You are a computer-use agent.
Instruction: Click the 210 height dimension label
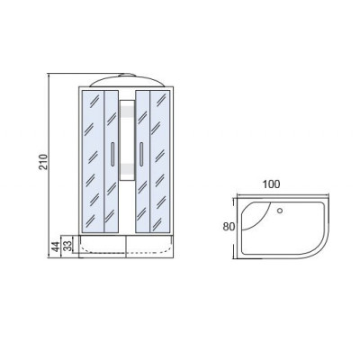pos(44,162)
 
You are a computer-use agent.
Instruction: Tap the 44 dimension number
pos(55,247)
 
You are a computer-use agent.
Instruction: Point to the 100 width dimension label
pos(271,184)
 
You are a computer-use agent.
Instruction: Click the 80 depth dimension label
pos(229,227)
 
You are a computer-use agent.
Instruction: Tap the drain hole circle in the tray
pos(280,211)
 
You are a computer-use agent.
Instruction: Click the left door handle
pos(112,154)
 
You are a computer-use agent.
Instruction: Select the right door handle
pos(140,154)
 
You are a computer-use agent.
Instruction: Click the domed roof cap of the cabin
pos(127,81)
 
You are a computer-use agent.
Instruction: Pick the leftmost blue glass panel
pos(93,161)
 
